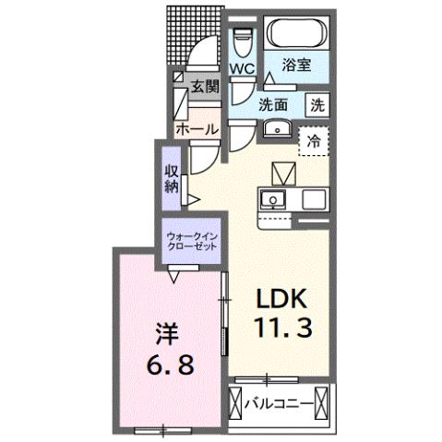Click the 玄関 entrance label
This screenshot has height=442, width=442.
(204, 87)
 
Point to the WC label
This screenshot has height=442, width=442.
(242, 69)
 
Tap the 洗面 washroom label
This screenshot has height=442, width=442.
(275, 104)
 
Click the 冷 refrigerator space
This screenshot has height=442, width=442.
(314, 142)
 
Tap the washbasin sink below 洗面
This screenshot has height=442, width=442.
(275, 129)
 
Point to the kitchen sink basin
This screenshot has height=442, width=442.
(273, 198)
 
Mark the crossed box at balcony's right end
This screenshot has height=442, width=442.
(324, 402)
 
